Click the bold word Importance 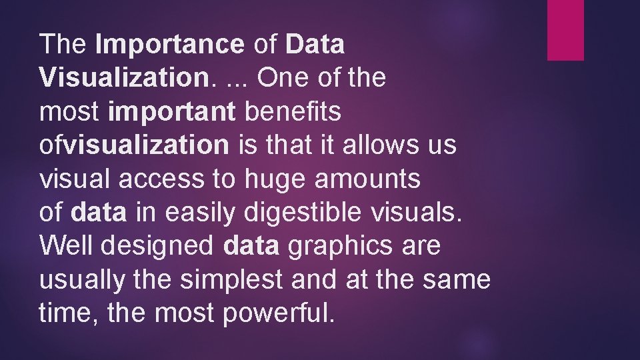pos(170,45)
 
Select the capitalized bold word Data pos(315,45)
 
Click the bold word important pos(171,112)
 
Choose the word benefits pos(293,112)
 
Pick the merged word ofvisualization pos(134,145)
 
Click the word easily pos(201,213)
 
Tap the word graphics pos(340,247)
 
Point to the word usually pos(82,280)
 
